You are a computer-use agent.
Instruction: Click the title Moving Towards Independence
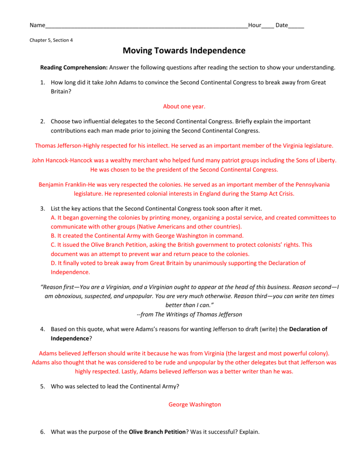point(184,51)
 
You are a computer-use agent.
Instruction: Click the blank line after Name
point(146,26)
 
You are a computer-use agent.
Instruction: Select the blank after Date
point(296,26)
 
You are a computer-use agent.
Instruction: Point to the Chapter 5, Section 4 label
point(51,40)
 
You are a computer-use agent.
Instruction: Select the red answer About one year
point(184,106)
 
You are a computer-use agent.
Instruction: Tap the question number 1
point(42,82)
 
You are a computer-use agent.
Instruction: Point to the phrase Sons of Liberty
point(314,160)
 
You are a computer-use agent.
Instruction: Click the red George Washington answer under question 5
point(194,404)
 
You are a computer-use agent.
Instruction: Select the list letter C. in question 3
point(53,244)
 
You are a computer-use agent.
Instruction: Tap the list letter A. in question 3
point(53,218)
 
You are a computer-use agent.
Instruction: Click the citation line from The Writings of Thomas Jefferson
point(189,314)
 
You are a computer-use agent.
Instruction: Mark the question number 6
point(42,432)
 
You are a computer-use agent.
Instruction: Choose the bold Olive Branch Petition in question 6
point(157,432)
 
